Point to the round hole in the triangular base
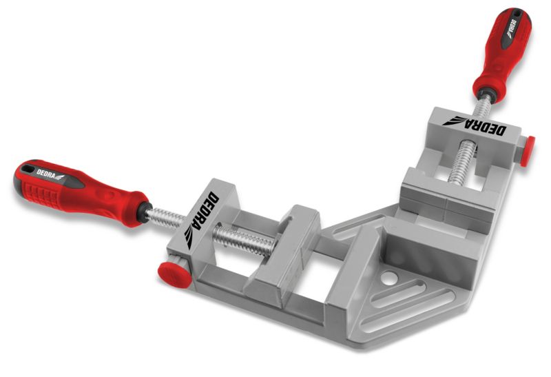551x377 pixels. (x=388, y=278)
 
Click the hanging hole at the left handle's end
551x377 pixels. (x=27, y=170)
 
